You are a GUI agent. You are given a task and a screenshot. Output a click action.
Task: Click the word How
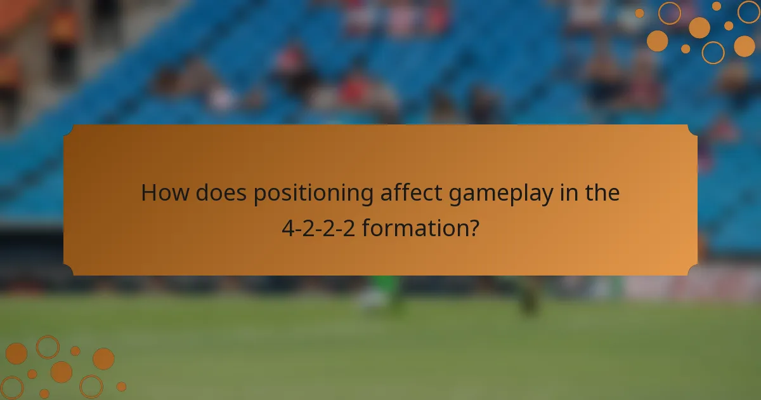[164, 193]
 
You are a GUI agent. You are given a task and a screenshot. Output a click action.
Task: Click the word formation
[413, 228]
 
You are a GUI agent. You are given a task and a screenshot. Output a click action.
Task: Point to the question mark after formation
[472, 228]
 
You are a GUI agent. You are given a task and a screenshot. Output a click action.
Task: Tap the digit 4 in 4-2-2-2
[287, 228]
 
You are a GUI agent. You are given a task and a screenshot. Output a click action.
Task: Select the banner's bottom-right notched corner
[693, 270]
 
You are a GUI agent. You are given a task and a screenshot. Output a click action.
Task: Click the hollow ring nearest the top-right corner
[749, 11]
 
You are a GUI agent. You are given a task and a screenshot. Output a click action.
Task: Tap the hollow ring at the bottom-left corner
[11, 387]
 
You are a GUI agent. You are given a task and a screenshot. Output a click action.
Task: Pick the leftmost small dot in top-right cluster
[639, 13]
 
